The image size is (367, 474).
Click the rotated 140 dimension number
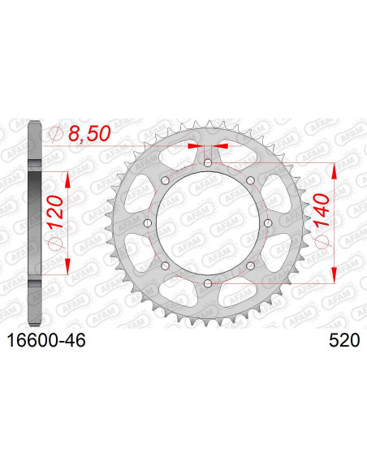click(x=323, y=219)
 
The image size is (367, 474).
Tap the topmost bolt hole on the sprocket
click(x=209, y=163)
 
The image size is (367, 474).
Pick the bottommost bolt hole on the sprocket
click(x=209, y=282)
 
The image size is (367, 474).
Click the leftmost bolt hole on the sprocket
click(x=149, y=223)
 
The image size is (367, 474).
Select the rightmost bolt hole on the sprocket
click(x=269, y=223)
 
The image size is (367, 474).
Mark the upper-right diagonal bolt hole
click(x=251, y=180)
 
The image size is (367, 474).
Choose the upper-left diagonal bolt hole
click(x=166, y=180)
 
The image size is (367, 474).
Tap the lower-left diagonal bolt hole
click(x=166, y=265)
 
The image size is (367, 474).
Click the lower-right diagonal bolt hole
click(x=251, y=265)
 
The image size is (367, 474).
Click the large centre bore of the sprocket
click(x=209, y=223)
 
